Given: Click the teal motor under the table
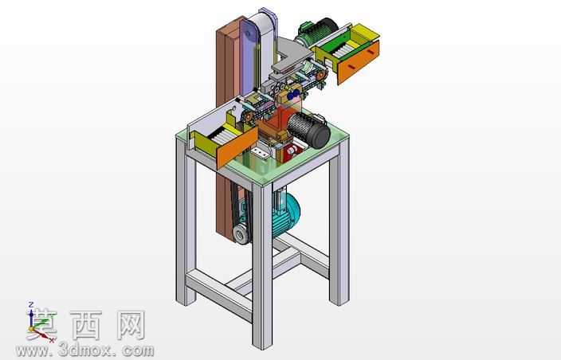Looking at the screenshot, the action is tap(285, 213).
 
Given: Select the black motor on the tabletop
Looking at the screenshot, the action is tap(309, 129).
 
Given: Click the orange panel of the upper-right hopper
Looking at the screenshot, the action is tap(358, 62).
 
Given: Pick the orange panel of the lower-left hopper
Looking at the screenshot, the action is tap(237, 147).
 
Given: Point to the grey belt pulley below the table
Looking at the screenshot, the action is tap(241, 234).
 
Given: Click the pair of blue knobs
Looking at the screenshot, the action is tap(294, 94).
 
